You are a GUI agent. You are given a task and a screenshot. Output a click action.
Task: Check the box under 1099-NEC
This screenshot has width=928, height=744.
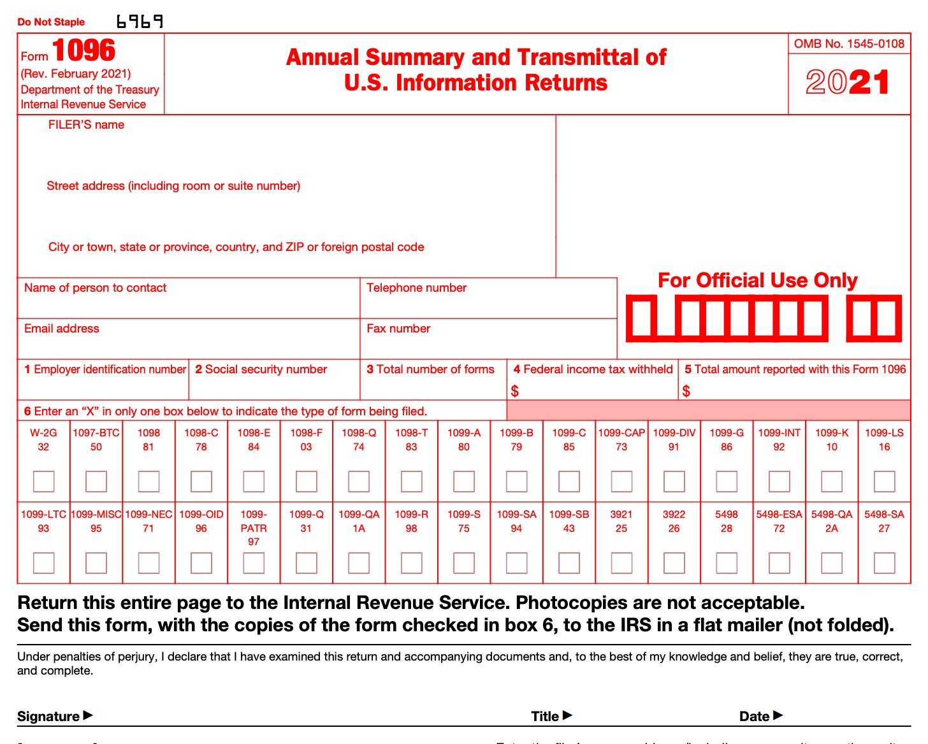point(149,563)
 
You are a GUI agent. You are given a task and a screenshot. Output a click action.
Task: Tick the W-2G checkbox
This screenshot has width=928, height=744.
point(43,482)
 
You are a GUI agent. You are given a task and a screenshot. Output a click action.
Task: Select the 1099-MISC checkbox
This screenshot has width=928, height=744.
point(96,563)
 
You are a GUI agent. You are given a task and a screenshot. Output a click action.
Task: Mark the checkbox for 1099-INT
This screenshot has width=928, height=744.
point(779,482)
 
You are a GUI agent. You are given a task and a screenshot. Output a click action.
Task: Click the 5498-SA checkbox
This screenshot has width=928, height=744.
point(884,563)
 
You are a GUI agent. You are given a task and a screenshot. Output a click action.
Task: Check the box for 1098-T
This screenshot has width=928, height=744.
point(411,482)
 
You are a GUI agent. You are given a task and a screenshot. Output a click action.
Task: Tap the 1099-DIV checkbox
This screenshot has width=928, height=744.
point(674,482)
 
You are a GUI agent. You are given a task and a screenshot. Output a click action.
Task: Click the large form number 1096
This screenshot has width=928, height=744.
point(83,51)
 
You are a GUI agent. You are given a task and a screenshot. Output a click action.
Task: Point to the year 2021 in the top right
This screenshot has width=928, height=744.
point(848,83)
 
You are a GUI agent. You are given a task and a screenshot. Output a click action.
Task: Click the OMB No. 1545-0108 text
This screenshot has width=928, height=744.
point(849,44)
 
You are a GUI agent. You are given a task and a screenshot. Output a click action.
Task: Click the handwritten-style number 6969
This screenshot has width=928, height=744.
point(140,22)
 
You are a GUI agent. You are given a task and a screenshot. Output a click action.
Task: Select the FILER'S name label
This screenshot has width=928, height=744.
point(86,125)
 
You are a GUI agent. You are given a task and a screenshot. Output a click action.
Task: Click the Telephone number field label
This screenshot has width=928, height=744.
point(416,288)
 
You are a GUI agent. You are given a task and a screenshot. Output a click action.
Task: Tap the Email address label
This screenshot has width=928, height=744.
point(62,329)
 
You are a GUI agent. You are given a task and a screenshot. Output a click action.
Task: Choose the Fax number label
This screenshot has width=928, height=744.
point(398,329)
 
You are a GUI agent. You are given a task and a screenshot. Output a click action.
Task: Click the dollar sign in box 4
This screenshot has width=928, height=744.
point(515,391)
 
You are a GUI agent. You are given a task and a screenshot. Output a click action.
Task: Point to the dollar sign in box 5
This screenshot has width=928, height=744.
point(686,391)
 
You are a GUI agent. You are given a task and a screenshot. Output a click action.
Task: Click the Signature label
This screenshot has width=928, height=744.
point(49,717)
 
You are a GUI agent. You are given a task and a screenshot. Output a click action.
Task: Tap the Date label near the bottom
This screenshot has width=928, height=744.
point(755,717)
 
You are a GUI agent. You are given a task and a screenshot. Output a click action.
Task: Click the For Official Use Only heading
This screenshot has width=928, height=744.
point(757,280)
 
